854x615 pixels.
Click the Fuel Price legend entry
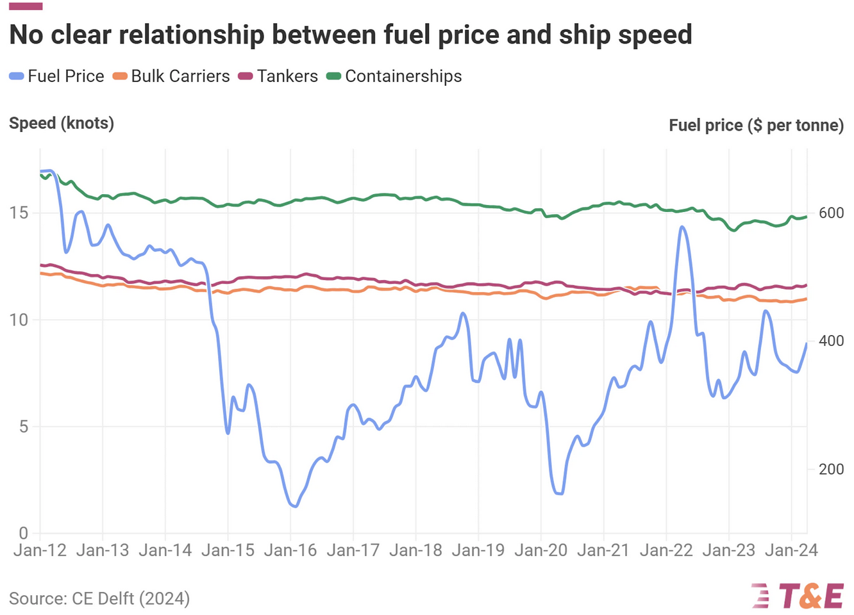tap(57, 76)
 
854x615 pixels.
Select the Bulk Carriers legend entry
tap(171, 76)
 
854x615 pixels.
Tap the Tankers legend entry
tap(278, 76)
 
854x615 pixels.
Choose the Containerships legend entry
tap(394, 76)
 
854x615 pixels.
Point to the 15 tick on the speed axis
tap(19, 213)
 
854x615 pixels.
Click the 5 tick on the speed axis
tap(24, 427)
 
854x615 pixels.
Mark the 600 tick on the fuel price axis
tap(831, 213)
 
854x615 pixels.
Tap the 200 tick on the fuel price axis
tap(831, 469)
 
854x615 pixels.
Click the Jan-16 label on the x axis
tap(290, 550)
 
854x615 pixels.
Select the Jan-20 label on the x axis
tap(541, 550)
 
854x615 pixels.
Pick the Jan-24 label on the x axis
tap(791, 550)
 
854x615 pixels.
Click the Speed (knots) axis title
tap(62, 123)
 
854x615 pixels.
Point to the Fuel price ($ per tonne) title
tap(756, 125)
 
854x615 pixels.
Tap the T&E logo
tap(798, 596)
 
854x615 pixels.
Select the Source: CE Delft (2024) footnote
tap(99, 598)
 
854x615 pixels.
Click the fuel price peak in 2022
tap(682, 227)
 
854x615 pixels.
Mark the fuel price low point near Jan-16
tap(294, 506)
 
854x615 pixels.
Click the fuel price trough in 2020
tap(558, 493)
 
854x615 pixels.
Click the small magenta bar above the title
tap(26, 6)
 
